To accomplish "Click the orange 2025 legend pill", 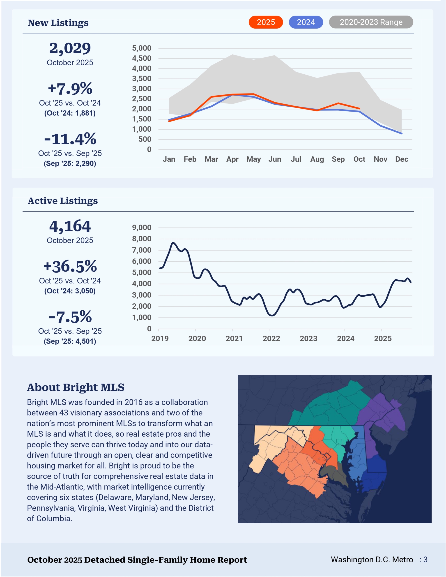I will point(266,22).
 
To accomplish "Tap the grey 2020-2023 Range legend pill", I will point(371,22).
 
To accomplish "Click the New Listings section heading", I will point(58,23).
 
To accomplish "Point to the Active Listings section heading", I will point(63,201).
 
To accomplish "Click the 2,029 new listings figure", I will point(70,48).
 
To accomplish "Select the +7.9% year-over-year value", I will point(70,89).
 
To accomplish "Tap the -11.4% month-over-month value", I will point(70,139).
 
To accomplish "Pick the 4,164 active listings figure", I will point(70,227).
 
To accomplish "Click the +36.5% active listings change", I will point(70,266).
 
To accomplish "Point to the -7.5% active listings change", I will point(70,317).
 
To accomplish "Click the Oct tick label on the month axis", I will point(359,159).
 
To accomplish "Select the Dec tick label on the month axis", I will point(401,159).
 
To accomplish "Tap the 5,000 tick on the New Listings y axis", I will point(142,48).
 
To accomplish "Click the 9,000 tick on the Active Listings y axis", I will point(142,227).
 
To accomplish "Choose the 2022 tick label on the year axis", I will point(271,339).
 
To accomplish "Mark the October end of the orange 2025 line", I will point(359,109).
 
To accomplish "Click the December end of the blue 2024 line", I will point(402,133).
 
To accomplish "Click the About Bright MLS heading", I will point(76,387).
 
